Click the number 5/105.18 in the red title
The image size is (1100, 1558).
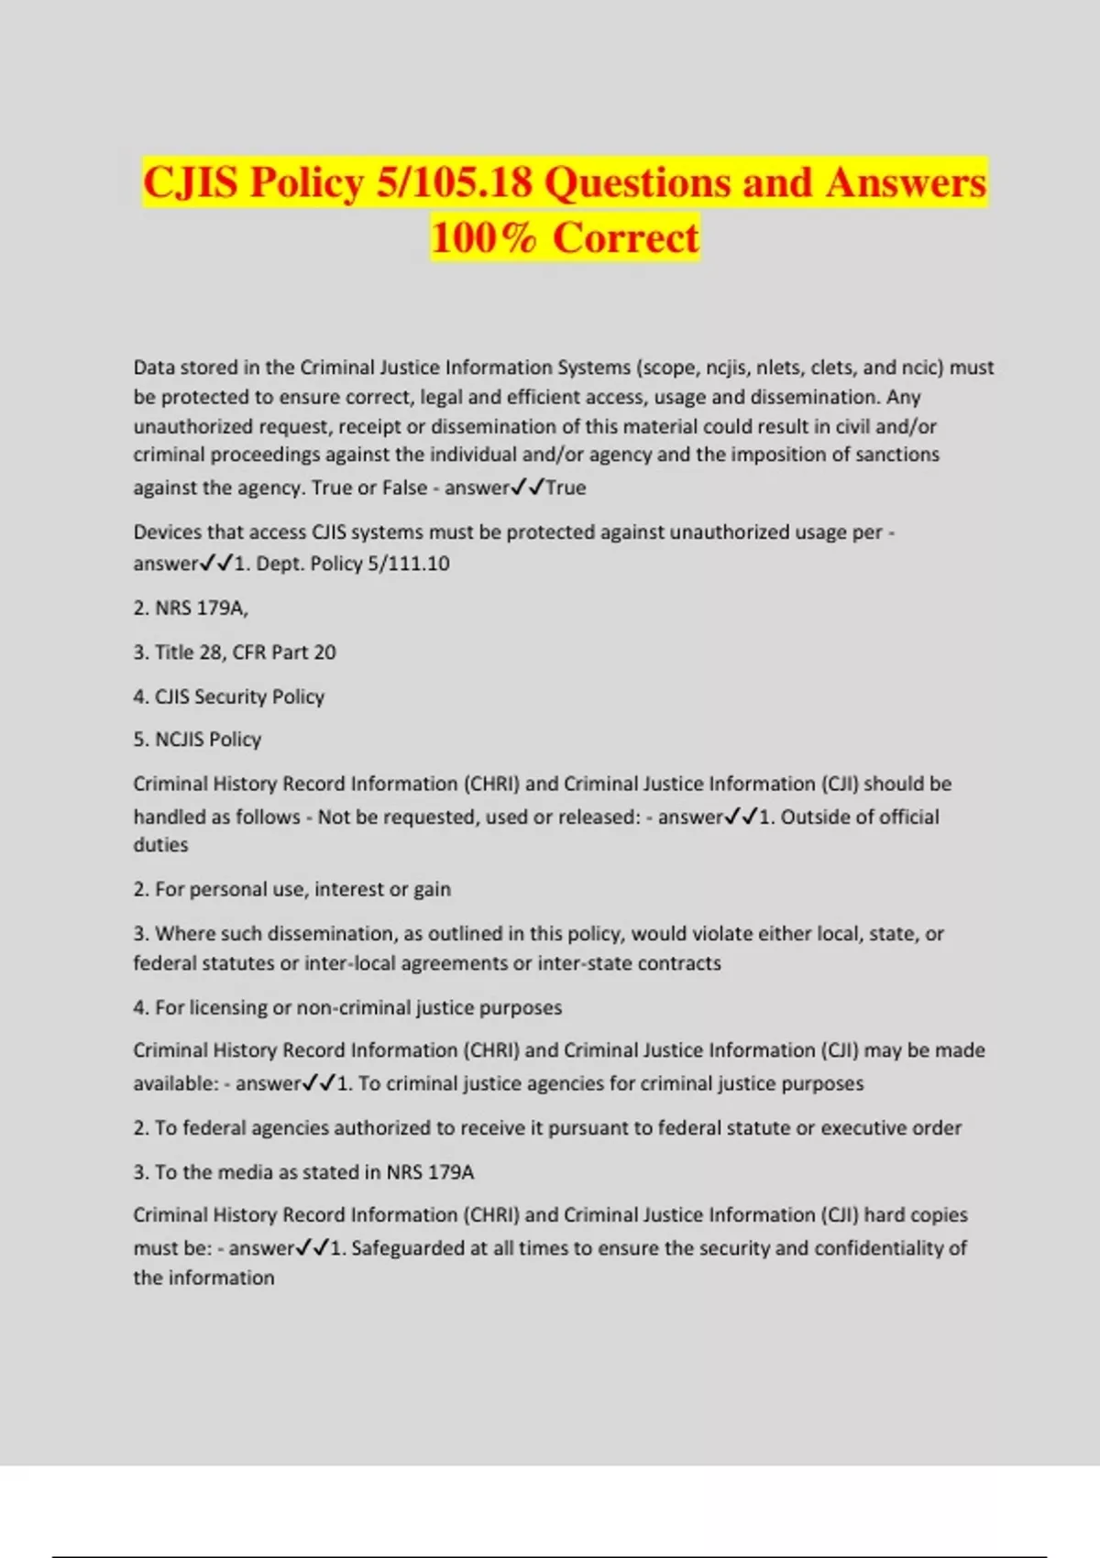454,181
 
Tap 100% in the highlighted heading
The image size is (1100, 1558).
483,237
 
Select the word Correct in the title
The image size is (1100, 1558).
626,237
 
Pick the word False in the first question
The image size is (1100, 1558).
404,488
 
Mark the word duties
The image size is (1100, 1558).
160,845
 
